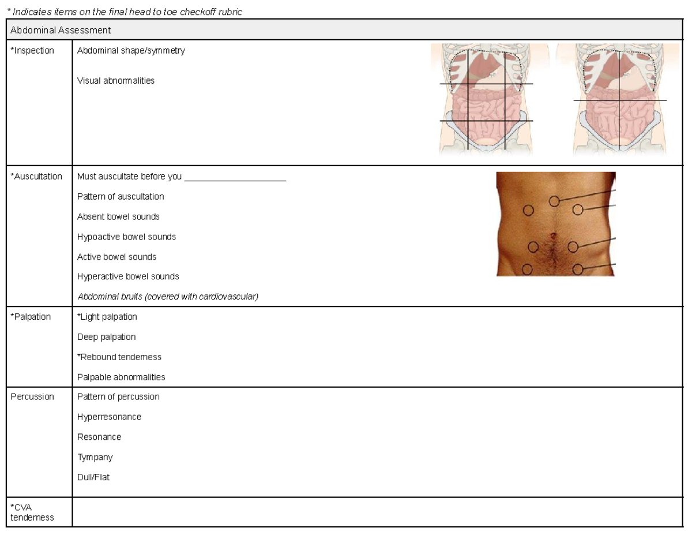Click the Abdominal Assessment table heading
click(61, 30)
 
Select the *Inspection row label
click(32, 51)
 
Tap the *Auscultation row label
click(36, 177)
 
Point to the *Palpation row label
click(31, 317)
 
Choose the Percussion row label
click(32, 396)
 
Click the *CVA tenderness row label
click(32, 512)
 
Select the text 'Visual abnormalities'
click(115, 81)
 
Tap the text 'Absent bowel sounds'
click(118, 216)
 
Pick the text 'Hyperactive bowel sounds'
click(128, 276)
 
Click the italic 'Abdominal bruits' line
click(168, 297)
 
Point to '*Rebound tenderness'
click(119, 357)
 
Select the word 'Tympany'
click(95, 457)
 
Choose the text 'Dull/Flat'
click(93, 477)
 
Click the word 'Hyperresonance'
click(109, 417)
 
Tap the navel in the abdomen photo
click(553, 236)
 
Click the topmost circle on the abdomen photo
click(554, 201)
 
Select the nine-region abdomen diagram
click(486, 99)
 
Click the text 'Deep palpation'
click(106, 337)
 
